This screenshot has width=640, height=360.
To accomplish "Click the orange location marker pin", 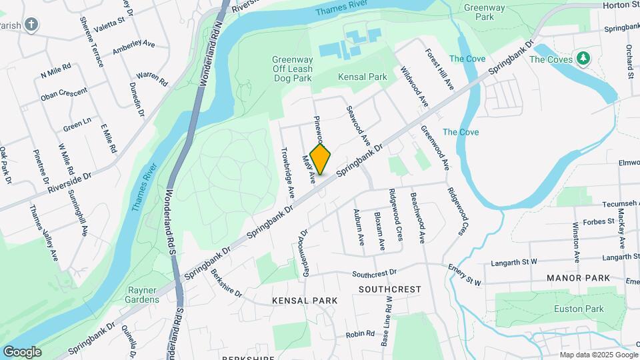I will coord(321,159).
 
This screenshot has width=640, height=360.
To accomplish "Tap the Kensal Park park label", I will coord(362,77).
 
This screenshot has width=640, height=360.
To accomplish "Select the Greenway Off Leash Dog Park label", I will coord(292,69).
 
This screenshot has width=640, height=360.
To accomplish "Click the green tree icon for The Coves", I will coord(584,59).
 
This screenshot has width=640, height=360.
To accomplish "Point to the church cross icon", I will coord(31,25).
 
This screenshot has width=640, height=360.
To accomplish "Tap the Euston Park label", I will coord(579,309).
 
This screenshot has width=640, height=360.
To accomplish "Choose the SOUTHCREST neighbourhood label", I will coord(390,289).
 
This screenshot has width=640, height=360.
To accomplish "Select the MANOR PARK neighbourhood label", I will coord(578,277).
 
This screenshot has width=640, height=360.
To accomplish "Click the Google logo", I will coord(22,352).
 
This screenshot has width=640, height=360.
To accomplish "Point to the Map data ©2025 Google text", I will coord(597,354).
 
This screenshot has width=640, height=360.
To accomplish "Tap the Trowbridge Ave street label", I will coord(287,171).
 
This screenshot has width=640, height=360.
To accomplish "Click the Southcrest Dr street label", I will coord(374,273).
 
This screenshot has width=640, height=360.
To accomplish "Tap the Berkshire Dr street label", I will coord(227,283).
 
